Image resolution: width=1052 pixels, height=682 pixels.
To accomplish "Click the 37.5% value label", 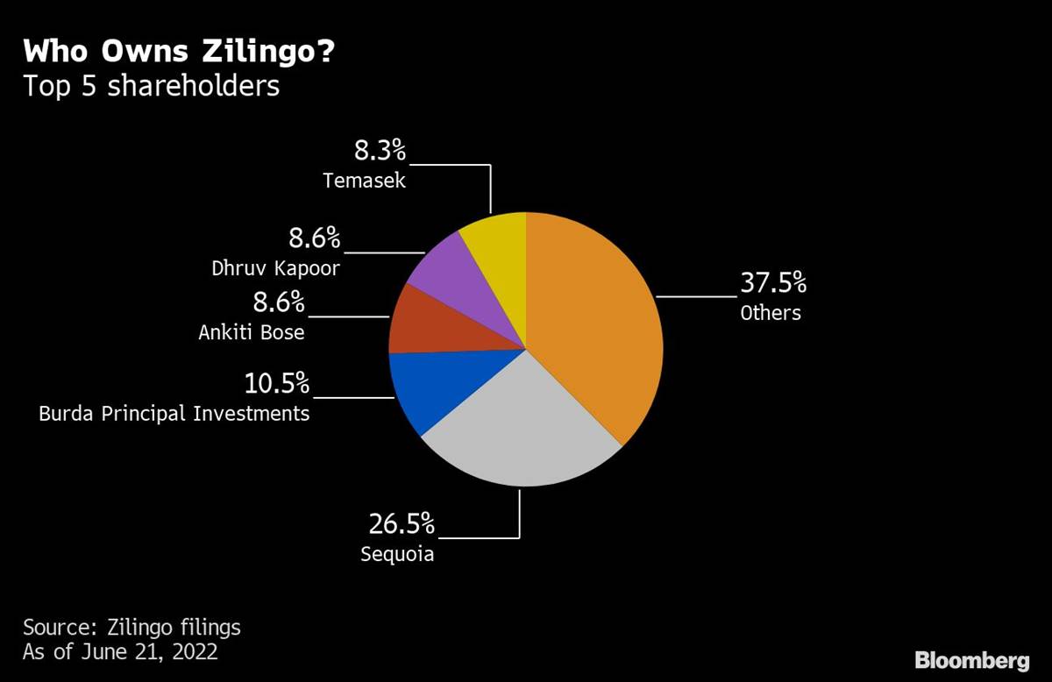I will (772, 284).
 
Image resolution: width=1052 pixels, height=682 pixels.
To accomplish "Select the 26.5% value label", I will (401, 524).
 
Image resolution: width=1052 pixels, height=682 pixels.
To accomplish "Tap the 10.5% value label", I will (277, 383).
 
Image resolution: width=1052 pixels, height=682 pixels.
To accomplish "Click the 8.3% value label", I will (380, 151).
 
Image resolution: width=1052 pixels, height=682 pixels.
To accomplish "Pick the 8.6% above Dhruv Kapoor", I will (315, 238).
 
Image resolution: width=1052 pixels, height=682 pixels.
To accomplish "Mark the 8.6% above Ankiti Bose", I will (279, 303).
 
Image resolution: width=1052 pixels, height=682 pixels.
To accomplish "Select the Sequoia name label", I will (397, 554).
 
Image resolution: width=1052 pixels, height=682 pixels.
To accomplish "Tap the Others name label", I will (771, 313).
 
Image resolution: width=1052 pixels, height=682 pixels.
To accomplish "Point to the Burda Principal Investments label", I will (174, 413).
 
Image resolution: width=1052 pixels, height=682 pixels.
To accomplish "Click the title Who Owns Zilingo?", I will (179, 52).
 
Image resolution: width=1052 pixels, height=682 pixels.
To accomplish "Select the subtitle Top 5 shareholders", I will (151, 86).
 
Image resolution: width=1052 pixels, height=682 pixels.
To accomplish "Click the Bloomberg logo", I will (971, 660).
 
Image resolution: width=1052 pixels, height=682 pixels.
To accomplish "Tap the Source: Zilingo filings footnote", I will (131, 628).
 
